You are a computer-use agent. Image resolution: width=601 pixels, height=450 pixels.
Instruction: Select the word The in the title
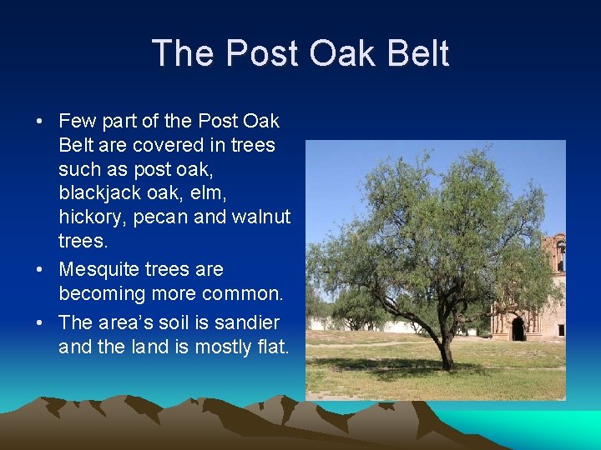tap(184, 53)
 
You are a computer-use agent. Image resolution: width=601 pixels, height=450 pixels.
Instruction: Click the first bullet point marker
tap(39, 122)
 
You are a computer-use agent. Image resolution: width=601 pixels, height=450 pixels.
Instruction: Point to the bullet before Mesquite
tap(39, 271)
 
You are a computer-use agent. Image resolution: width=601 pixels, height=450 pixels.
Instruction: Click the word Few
tap(78, 122)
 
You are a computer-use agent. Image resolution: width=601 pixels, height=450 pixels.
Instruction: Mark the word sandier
tap(248, 322)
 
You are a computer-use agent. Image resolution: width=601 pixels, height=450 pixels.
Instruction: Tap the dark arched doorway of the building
tap(518, 329)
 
